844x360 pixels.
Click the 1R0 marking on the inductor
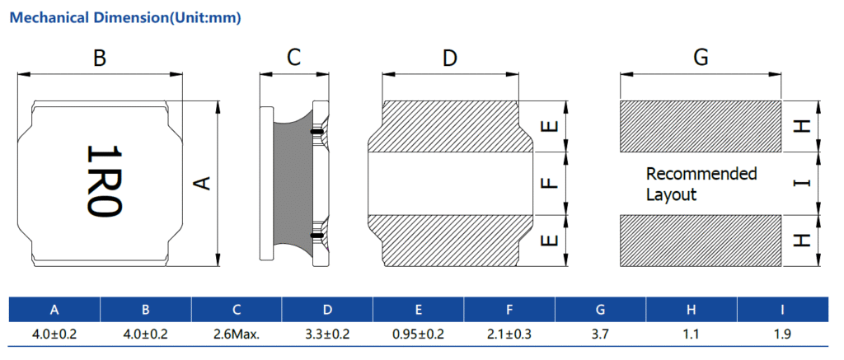tap(105, 180)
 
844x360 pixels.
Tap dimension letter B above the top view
tap(100, 58)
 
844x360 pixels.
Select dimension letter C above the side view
tap(293, 57)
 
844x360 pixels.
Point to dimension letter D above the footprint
tap(449, 58)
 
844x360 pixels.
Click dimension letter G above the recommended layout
tap(701, 57)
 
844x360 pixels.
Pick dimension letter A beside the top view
tap(201, 183)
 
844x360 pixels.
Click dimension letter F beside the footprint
tap(548, 184)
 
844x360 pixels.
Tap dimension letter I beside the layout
tap(801, 184)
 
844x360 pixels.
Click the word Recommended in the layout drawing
tap(701, 174)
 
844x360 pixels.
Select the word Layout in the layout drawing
tap(671, 194)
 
